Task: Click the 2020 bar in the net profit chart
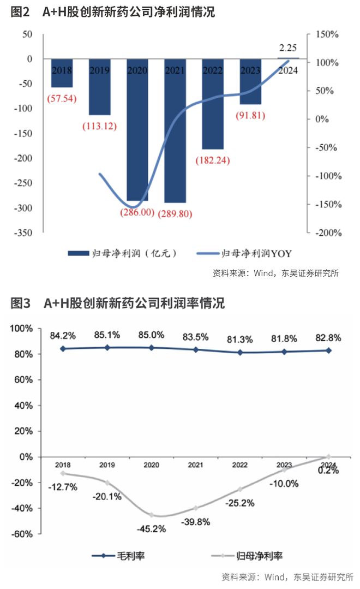(x=137, y=131)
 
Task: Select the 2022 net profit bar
(x=213, y=106)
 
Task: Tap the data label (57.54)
(x=62, y=99)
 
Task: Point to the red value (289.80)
(x=175, y=213)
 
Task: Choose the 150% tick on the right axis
(x=327, y=34)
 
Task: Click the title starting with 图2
(x=113, y=12)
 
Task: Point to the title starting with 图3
(x=118, y=303)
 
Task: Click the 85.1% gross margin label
(x=107, y=334)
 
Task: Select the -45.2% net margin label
(x=151, y=528)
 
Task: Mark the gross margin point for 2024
(x=328, y=350)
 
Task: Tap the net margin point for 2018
(x=63, y=473)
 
